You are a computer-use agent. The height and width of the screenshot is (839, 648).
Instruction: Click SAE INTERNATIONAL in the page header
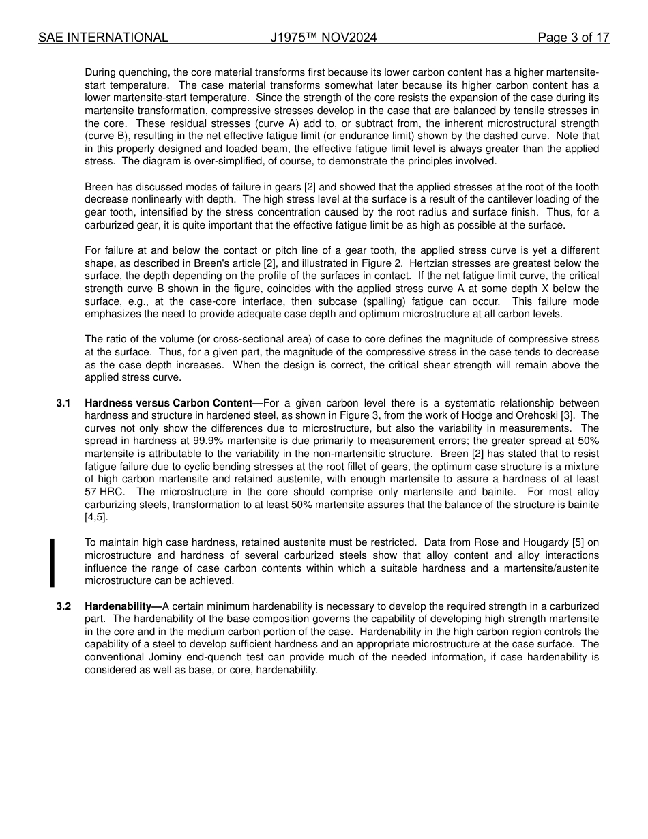[103, 38]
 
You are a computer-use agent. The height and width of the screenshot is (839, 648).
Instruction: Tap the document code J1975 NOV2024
[323, 38]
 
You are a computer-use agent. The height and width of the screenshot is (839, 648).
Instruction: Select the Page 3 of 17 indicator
[573, 38]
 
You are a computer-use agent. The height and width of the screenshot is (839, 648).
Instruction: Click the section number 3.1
[63, 403]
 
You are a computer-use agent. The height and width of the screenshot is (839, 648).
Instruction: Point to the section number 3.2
[63, 606]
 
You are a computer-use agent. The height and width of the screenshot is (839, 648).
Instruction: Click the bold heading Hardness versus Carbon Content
[173, 403]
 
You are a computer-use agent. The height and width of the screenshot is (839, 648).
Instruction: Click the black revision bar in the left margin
[52, 563]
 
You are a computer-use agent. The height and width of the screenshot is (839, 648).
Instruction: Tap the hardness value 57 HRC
[100, 492]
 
